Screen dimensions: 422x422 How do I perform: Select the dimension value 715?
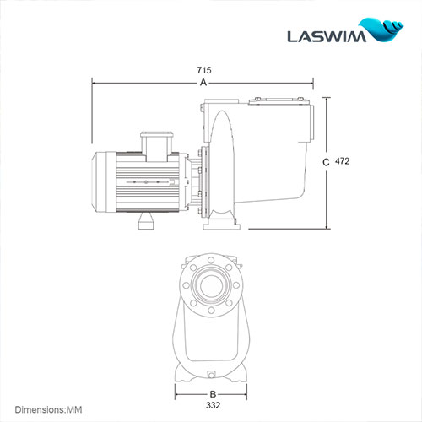[x=203, y=72]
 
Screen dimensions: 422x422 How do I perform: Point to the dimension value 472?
[x=342, y=160]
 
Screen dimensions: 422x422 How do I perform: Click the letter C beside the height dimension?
[x=326, y=160]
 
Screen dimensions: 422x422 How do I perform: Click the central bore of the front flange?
[x=210, y=287]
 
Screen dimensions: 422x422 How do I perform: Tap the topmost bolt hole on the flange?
[x=210, y=264]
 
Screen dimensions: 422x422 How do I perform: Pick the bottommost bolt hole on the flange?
[x=210, y=310]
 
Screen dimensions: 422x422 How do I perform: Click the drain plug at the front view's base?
[x=210, y=372]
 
